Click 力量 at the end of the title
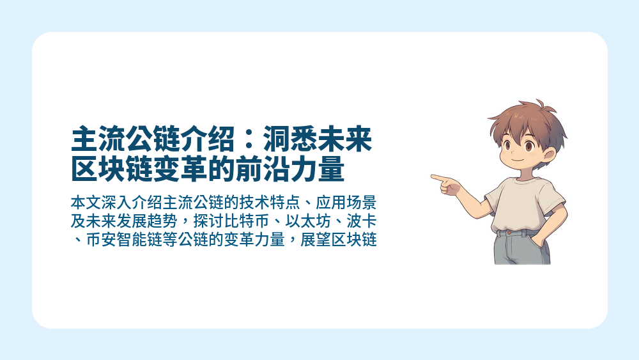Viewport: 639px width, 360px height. pyautogui.click(x=327, y=169)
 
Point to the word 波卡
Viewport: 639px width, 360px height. pyautogui.click(x=362, y=223)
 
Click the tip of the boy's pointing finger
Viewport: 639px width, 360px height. pyautogui.click(x=433, y=176)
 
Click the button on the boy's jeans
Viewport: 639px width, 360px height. pyautogui.click(x=509, y=233)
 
